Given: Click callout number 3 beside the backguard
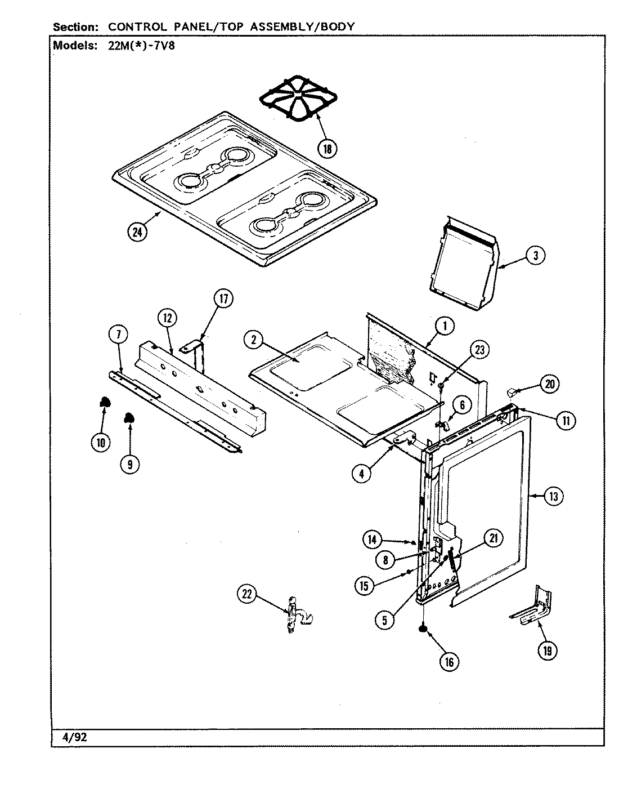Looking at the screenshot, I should pos(535,255).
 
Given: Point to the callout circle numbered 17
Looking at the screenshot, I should pos(223,300).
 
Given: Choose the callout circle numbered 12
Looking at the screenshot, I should pos(167,318).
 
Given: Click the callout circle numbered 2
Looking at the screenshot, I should pos(254,339).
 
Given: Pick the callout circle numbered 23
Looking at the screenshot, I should pos(479,350).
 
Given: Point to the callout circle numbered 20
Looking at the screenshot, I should pos(549,384).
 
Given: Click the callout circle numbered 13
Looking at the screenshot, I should pos(554,496).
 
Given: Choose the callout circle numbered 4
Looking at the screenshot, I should pos(362,474).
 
